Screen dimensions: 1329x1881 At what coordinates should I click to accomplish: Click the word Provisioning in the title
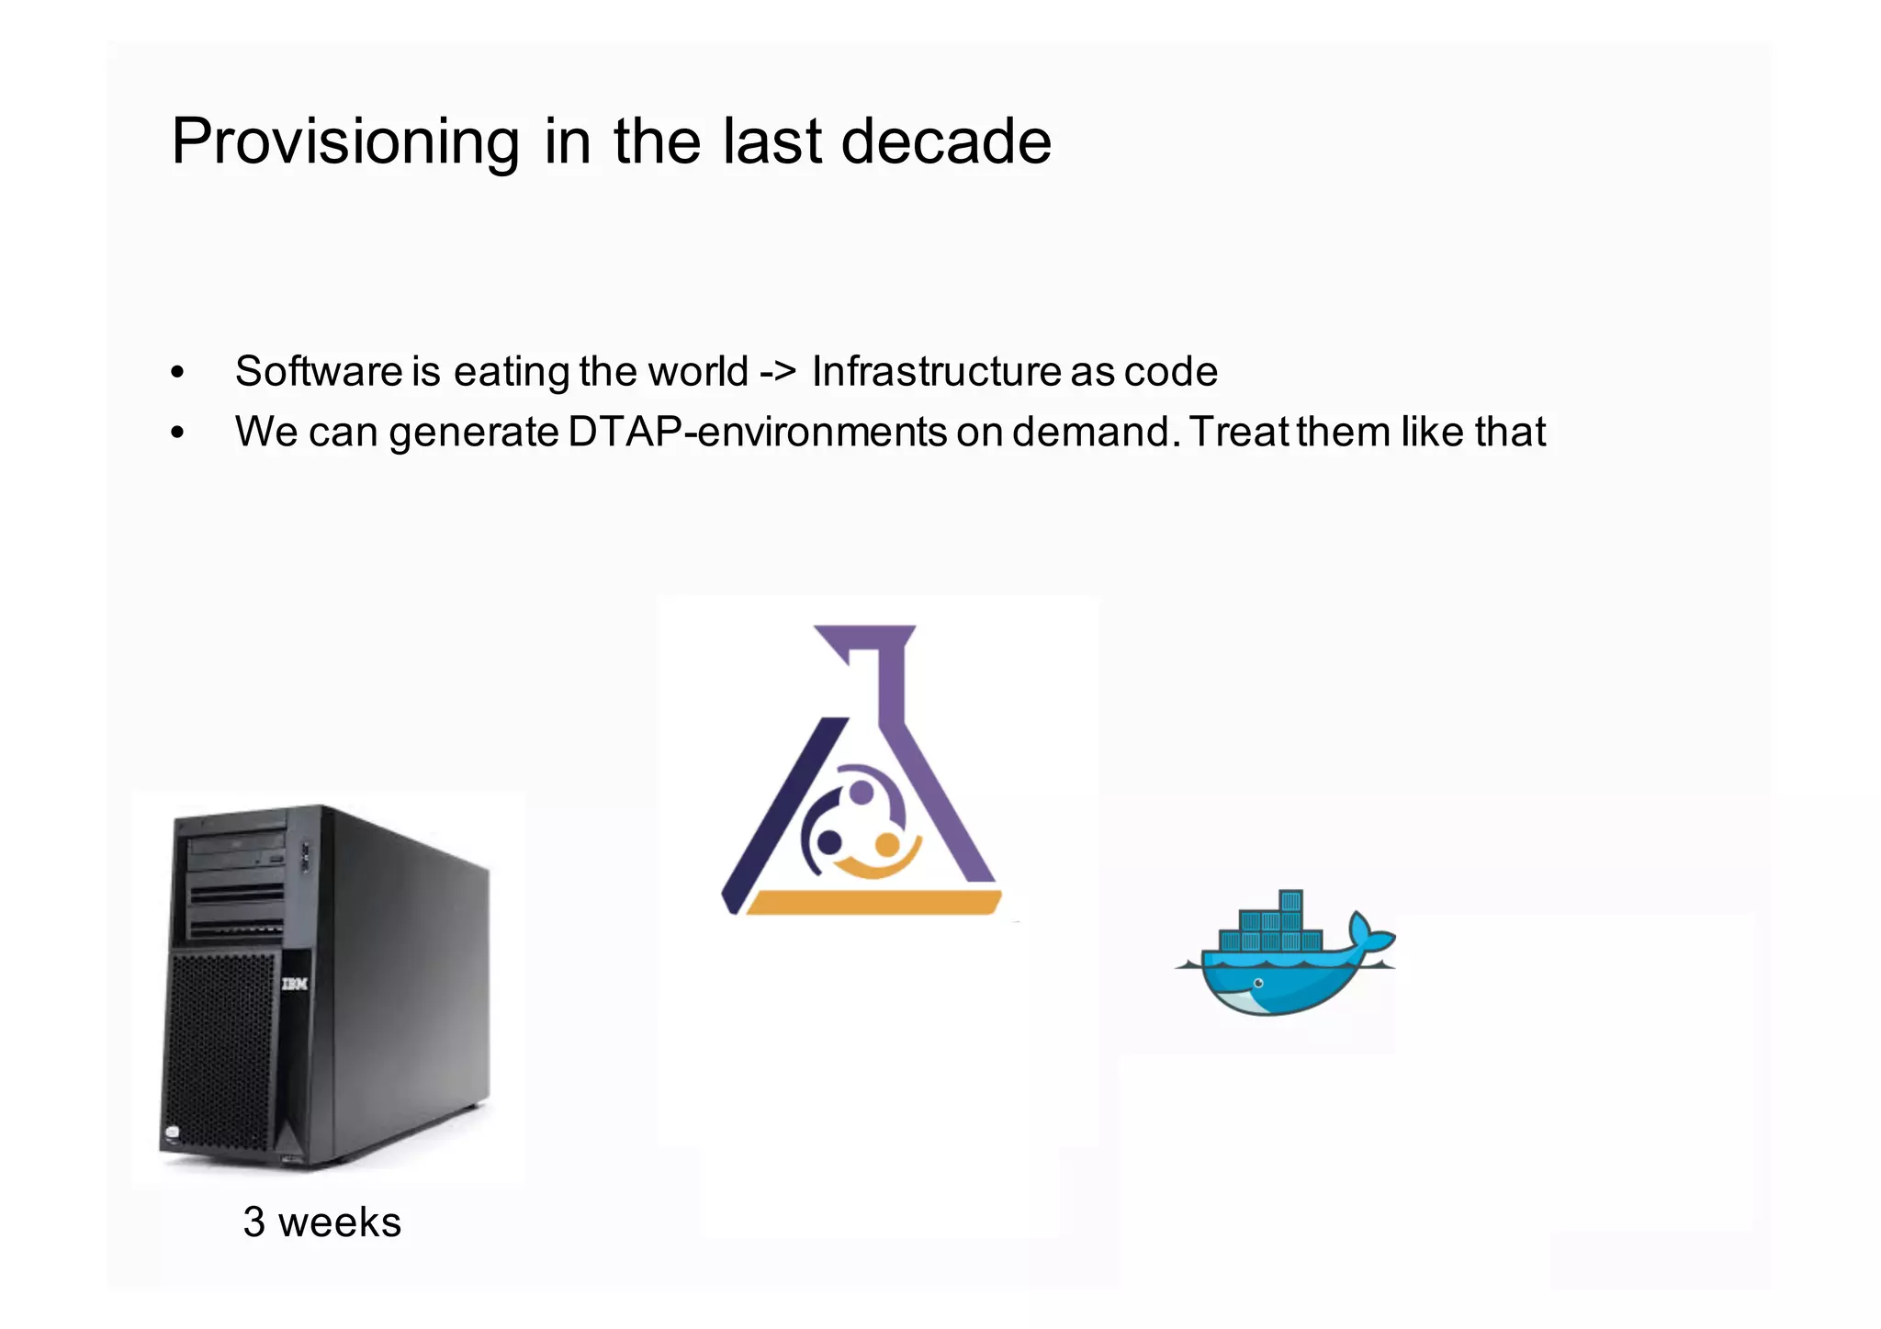[345, 142]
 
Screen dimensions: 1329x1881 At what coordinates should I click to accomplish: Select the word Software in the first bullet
[319, 371]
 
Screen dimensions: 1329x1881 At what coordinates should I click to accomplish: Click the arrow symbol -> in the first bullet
[777, 371]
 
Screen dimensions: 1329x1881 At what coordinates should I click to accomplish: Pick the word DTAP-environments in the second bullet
[758, 432]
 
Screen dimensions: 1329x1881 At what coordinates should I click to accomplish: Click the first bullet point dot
[177, 373]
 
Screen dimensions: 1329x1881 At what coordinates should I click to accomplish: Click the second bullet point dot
[177, 434]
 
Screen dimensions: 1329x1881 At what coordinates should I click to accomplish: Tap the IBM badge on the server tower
[294, 984]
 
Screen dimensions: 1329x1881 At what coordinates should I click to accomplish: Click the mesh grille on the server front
[220, 1047]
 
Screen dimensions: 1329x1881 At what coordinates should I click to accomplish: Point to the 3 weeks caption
[321, 1222]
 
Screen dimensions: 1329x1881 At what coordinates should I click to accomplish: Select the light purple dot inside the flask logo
[862, 791]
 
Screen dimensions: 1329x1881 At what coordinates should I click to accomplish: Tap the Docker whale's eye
[1258, 984]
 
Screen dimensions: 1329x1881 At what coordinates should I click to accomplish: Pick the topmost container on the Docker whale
[1290, 900]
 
